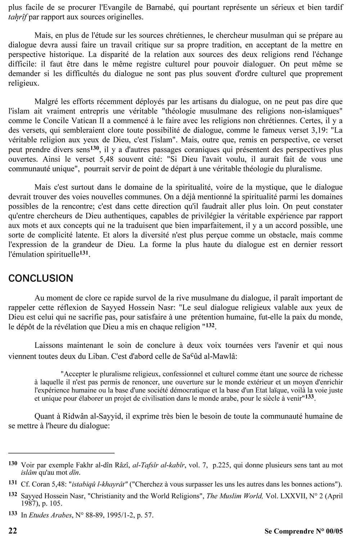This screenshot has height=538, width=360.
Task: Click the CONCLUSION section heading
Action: pos(40,278)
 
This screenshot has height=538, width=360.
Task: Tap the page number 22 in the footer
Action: pos(12,530)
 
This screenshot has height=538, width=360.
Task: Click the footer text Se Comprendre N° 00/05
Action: pos(303,531)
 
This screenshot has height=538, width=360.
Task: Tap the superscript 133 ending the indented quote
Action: pos(311,397)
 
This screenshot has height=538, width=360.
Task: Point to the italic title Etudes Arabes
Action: pos(50,515)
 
